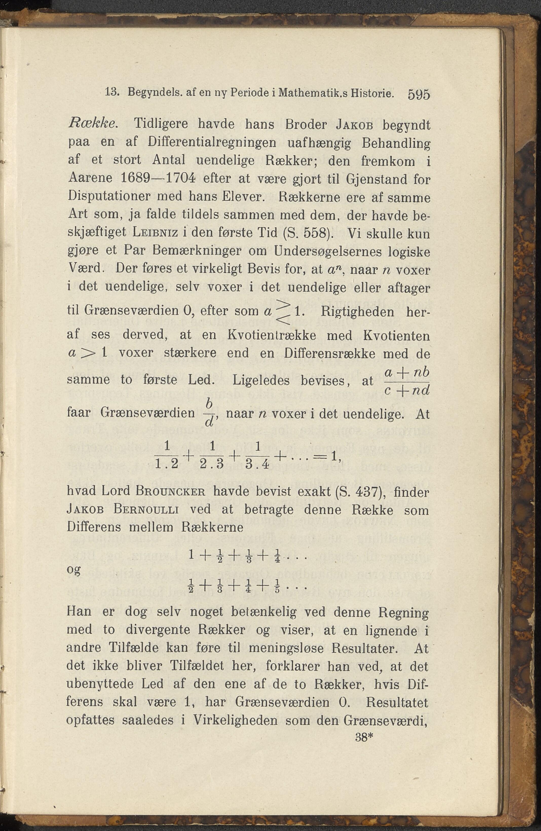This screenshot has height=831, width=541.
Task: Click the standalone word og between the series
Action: tap(74, 570)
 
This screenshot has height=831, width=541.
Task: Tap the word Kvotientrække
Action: tap(272, 335)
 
